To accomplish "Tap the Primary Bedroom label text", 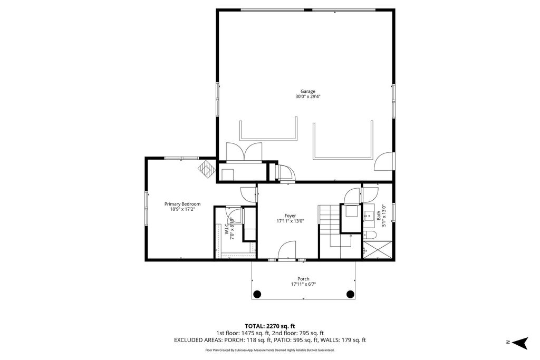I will pos(182,204).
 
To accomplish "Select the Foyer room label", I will pos(290,216).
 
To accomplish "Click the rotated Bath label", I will pos(379,216).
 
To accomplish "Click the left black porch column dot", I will pos(257,294).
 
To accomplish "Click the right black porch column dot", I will pos(350,294).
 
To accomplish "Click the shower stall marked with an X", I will pos(378,250).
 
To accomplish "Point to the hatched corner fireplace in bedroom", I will pos(207,169).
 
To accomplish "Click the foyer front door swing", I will pos(288,250).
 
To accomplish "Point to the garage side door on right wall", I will pos(383,161).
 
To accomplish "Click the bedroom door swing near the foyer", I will pos(248,194).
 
